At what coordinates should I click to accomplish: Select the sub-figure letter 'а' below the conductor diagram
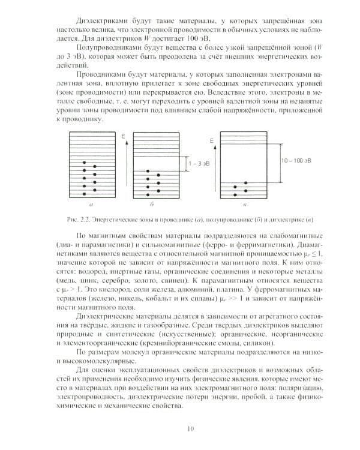point(91,205)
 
